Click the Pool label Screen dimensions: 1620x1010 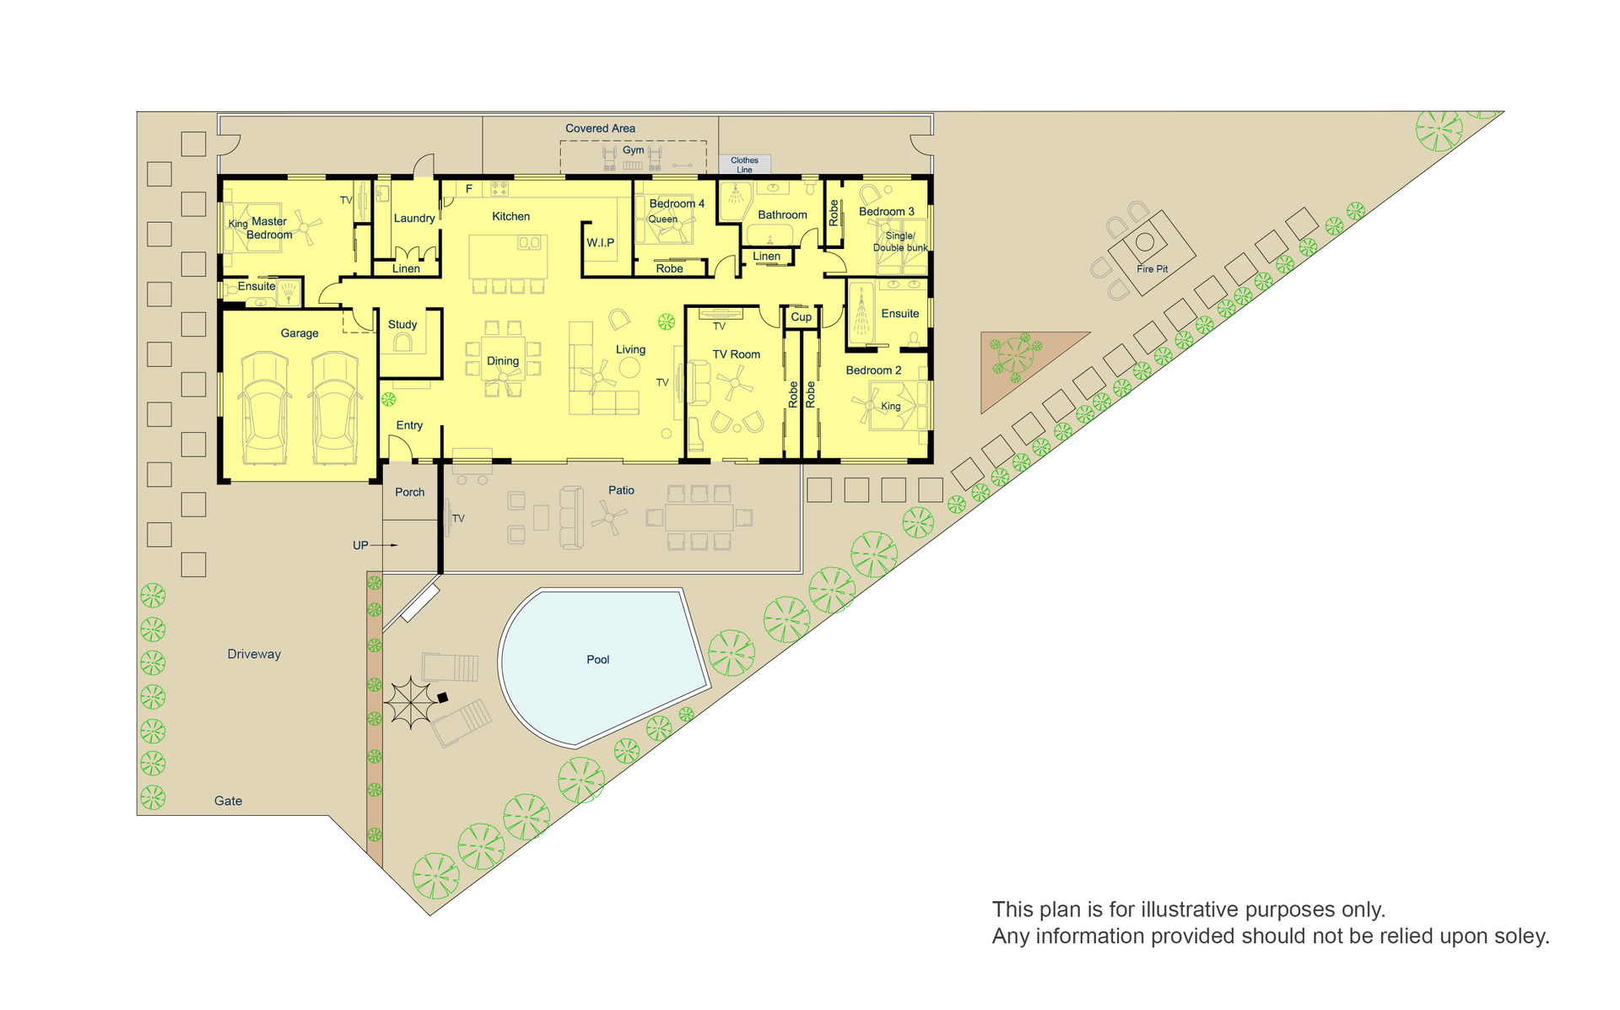[597, 660]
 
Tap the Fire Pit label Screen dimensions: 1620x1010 [1152, 269]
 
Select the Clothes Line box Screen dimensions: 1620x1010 [744, 165]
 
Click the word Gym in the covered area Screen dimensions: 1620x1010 [633, 150]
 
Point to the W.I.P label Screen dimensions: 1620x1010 [600, 243]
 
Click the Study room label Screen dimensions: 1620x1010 [402, 325]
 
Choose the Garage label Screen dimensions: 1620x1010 [300, 333]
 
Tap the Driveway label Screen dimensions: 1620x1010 [254, 654]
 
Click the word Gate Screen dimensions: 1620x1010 [228, 801]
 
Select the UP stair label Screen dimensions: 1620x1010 [360, 546]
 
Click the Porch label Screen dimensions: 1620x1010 [410, 493]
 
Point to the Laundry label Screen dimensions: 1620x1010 [414, 219]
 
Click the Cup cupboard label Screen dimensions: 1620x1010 [801, 317]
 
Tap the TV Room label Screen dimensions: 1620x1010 [737, 354]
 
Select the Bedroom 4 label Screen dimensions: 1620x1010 [677, 203]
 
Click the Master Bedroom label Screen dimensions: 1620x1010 [269, 228]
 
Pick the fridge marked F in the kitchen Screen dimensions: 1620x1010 [469, 189]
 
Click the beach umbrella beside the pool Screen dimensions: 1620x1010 [410, 702]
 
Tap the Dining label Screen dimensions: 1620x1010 [503, 361]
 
